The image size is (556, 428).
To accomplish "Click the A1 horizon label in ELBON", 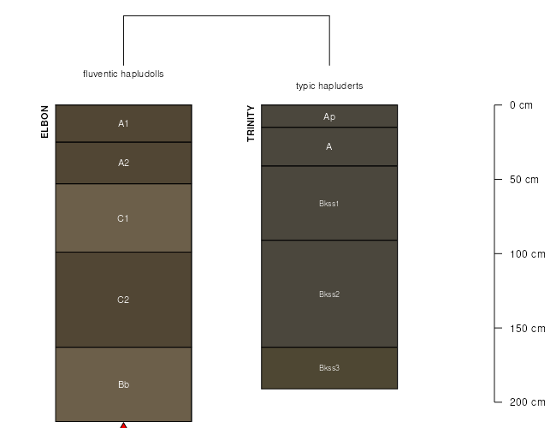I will (x=123, y=123).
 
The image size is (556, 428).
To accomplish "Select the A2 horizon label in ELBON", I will (x=123, y=163).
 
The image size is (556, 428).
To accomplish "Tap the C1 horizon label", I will (x=123, y=218).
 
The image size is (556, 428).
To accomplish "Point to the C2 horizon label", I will (x=123, y=300).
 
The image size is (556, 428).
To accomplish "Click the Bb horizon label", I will (x=123, y=384).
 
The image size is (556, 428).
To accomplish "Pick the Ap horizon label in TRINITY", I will (x=329, y=116).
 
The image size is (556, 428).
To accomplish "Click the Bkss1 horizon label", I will (x=329, y=204).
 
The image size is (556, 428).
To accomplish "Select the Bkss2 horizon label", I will (x=329, y=294).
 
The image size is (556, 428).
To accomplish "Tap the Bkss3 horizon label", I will (x=329, y=368).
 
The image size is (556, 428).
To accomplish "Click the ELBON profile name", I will (x=44, y=122).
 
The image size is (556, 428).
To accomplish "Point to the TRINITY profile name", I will (x=251, y=123).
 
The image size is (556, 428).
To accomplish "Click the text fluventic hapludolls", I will (x=123, y=74).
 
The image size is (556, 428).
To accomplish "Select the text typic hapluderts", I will (x=329, y=86).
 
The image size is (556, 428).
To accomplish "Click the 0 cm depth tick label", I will (x=521, y=105).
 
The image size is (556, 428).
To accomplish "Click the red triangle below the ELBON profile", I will (x=123, y=425).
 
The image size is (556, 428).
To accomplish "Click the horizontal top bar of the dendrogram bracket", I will (x=227, y=15).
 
